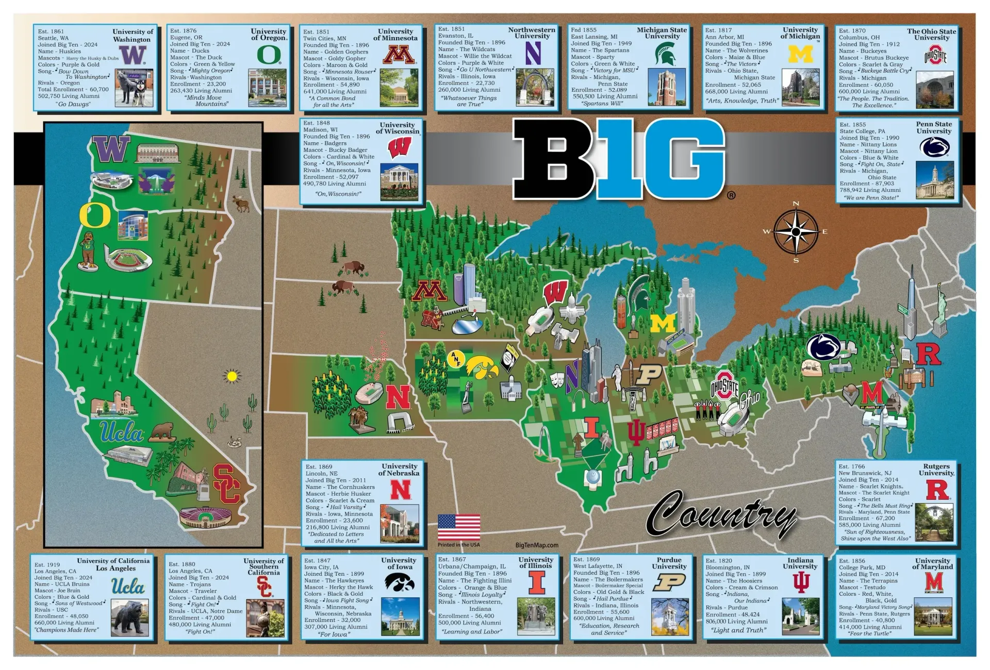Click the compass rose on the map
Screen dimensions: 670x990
(796, 232)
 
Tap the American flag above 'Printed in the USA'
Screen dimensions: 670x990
(458, 527)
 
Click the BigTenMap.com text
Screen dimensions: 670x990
(536, 545)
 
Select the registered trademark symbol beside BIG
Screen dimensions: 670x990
(731, 195)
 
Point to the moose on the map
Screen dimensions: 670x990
(241, 203)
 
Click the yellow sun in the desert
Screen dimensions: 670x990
(232, 376)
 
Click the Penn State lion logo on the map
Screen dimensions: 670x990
(823, 346)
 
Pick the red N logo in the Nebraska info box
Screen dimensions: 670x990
(401, 490)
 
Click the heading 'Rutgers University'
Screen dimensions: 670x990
(936, 470)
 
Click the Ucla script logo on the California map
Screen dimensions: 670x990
(122, 431)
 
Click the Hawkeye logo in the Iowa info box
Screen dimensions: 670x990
(400, 582)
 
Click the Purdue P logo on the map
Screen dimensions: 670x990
(648, 374)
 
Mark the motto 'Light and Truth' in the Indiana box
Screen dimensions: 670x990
(738, 630)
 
